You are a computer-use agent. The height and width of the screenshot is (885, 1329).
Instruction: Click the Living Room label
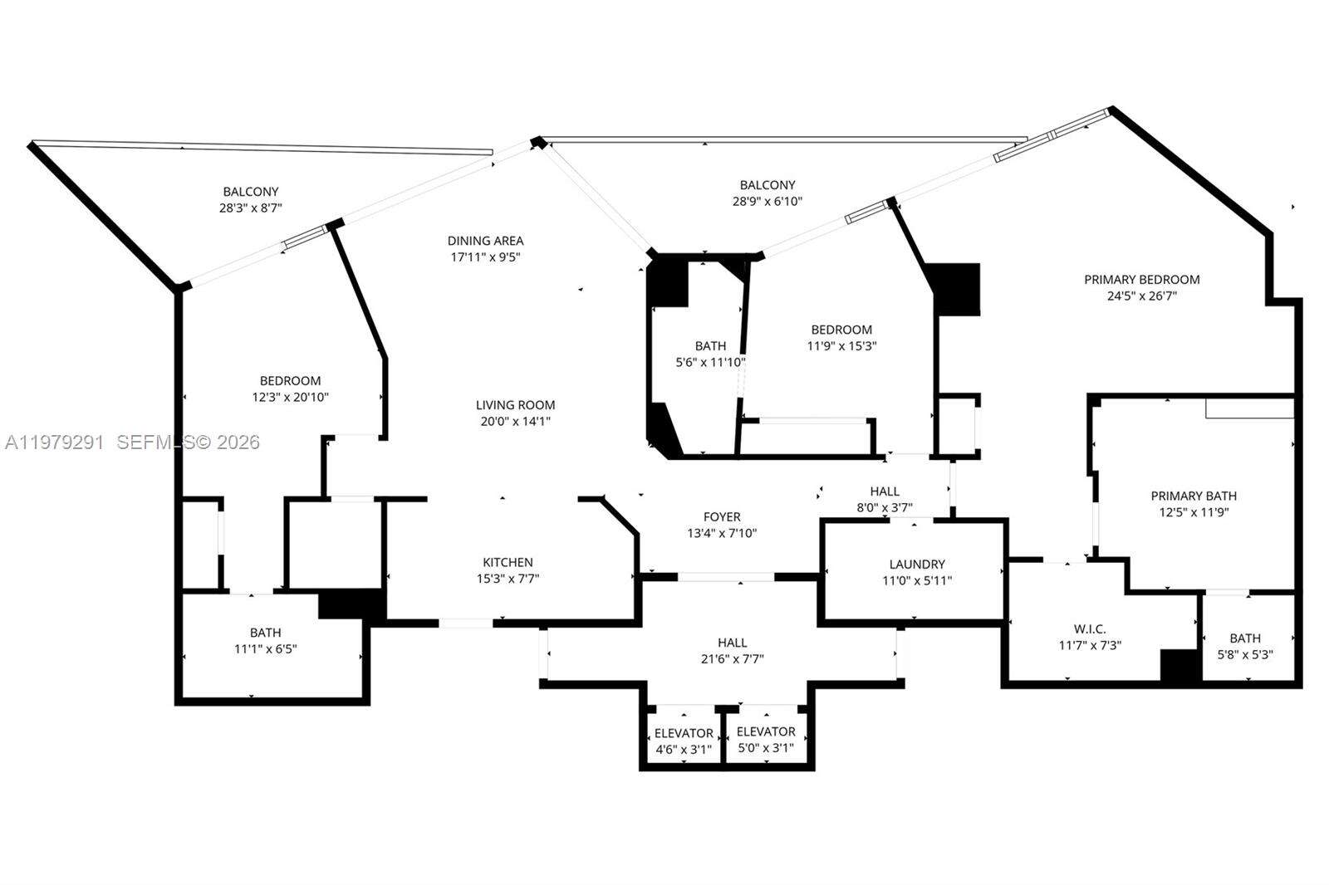pos(515,405)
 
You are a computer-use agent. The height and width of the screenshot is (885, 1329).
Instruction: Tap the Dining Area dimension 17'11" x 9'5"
pos(486,257)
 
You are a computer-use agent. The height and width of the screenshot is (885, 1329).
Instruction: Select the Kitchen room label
pos(508,562)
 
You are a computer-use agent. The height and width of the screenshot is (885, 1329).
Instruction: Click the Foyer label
pos(721,516)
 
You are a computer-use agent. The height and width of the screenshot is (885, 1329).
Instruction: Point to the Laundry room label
pos(917,564)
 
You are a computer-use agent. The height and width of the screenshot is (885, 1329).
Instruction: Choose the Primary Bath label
pos(1194,496)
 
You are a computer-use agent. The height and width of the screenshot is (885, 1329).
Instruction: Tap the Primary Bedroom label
pos(1141,280)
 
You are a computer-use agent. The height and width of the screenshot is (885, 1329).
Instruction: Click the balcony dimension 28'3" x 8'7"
pos(250,208)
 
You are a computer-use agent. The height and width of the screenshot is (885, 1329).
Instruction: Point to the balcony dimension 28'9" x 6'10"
pos(767,201)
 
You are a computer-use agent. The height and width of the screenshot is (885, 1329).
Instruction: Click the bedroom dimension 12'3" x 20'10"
pos(290,398)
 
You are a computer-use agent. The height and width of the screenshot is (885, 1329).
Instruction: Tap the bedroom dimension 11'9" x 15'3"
pos(841,346)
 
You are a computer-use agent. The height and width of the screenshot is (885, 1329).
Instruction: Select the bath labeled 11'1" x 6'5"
pos(265,641)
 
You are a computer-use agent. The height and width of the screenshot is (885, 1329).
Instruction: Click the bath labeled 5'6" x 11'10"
pos(710,354)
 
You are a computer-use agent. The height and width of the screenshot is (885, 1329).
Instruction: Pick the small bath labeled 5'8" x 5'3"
pos(1244,646)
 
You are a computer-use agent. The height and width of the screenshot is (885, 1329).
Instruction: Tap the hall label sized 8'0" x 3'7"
pos(885,499)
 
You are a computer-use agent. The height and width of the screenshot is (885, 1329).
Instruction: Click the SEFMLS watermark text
pos(188,442)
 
